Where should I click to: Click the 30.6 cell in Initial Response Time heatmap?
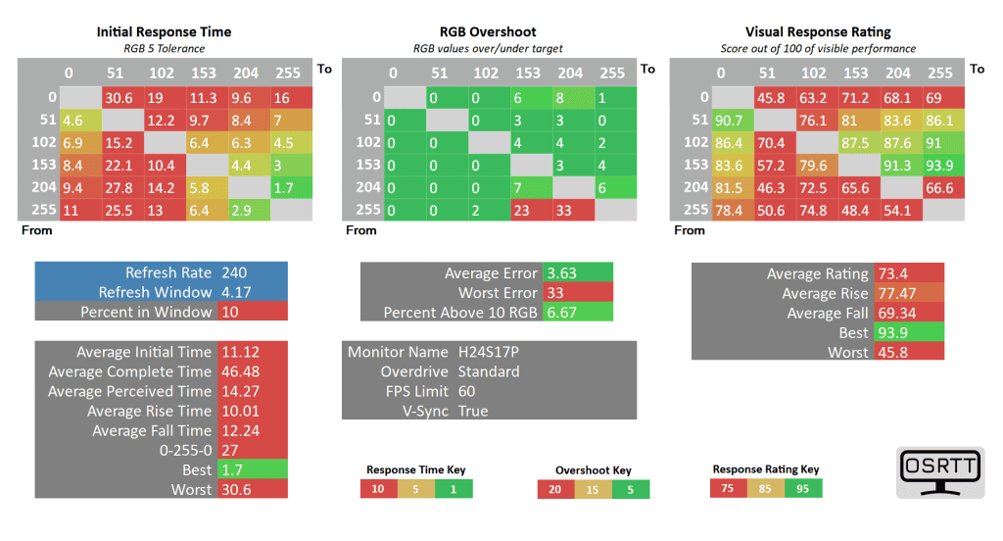point(119,97)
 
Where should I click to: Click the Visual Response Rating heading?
point(817,31)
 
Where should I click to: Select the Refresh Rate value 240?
point(236,272)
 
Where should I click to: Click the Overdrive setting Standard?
point(489,371)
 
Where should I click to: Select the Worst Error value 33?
point(555,292)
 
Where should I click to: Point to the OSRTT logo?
point(939,473)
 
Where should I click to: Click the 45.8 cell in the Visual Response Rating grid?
point(770,97)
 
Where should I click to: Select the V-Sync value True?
point(473,411)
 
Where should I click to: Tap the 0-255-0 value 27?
point(231,450)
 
